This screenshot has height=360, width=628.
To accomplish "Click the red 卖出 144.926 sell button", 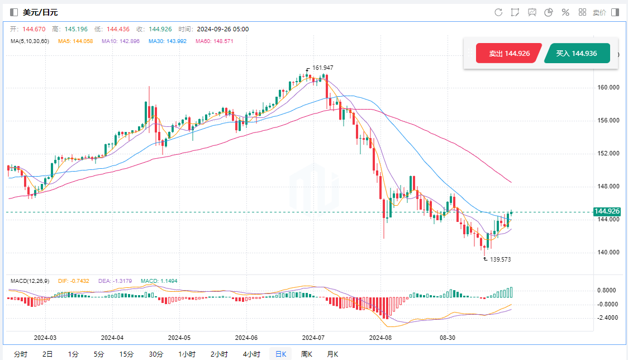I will [x=508, y=54].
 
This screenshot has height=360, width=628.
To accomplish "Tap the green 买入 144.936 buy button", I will [x=577, y=54].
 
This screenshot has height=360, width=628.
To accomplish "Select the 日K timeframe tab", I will [x=280, y=354].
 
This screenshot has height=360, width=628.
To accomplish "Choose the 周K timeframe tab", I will [x=307, y=354].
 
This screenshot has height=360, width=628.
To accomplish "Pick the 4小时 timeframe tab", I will [x=251, y=354].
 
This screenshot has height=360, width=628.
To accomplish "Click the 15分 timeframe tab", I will [x=126, y=354].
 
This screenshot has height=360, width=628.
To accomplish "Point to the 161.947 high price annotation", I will [x=322, y=68].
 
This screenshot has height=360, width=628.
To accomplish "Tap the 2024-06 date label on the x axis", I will [x=247, y=338].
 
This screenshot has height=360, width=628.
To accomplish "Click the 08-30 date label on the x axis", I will [x=448, y=338].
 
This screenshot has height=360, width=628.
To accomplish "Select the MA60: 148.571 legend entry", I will [x=214, y=41].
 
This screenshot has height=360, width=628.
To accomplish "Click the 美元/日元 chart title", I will [x=40, y=12].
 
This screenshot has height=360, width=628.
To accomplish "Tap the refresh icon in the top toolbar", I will [x=498, y=12].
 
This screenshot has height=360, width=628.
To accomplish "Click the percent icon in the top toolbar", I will [x=565, y=12].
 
